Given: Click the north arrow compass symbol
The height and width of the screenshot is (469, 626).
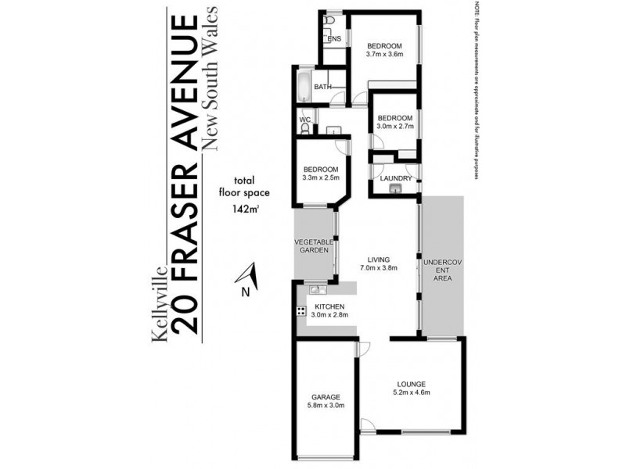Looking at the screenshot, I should (x=246, y=276).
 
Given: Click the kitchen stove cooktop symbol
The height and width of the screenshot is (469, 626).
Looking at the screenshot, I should (x=300, y=312).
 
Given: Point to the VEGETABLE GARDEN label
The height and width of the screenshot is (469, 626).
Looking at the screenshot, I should (x=314, y=246).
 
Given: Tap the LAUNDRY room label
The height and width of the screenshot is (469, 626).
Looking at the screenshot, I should (x=390, y=178).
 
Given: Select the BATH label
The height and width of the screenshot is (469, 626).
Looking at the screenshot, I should (x=322, y=87).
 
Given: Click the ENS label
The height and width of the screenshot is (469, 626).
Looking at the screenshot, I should (x=334, y=38).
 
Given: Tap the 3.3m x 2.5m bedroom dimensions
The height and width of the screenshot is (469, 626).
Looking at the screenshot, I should (x=321, y=178).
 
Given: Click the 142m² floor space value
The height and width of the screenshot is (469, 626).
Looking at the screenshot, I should (x=245, y=209).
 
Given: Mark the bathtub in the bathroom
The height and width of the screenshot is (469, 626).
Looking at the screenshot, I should (x=303, y=87).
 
